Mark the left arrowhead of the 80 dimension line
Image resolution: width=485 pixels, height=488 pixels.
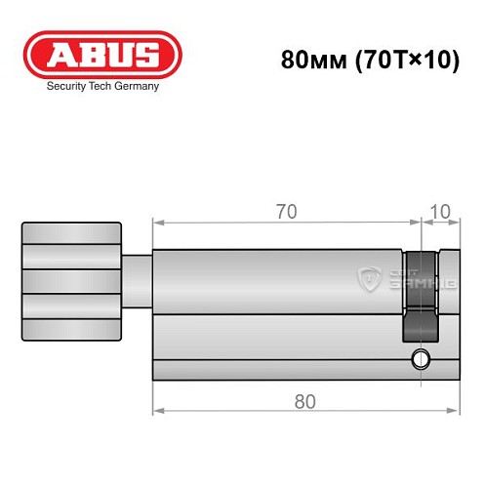coord(158,414)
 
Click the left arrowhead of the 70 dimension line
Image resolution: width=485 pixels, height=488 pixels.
coord(158,224)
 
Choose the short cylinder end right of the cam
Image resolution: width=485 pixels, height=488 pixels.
coord(447,312)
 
